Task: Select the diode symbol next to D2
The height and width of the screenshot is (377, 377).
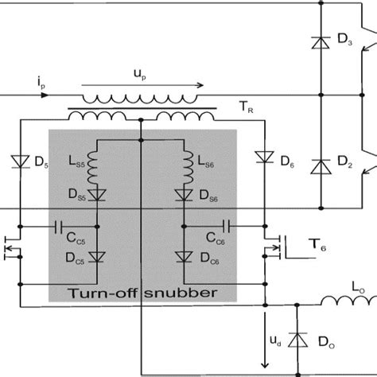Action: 320,168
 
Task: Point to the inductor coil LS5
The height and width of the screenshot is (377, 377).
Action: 97,165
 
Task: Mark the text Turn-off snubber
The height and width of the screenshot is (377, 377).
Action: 143,292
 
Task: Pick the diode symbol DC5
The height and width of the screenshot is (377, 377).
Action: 97,256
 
